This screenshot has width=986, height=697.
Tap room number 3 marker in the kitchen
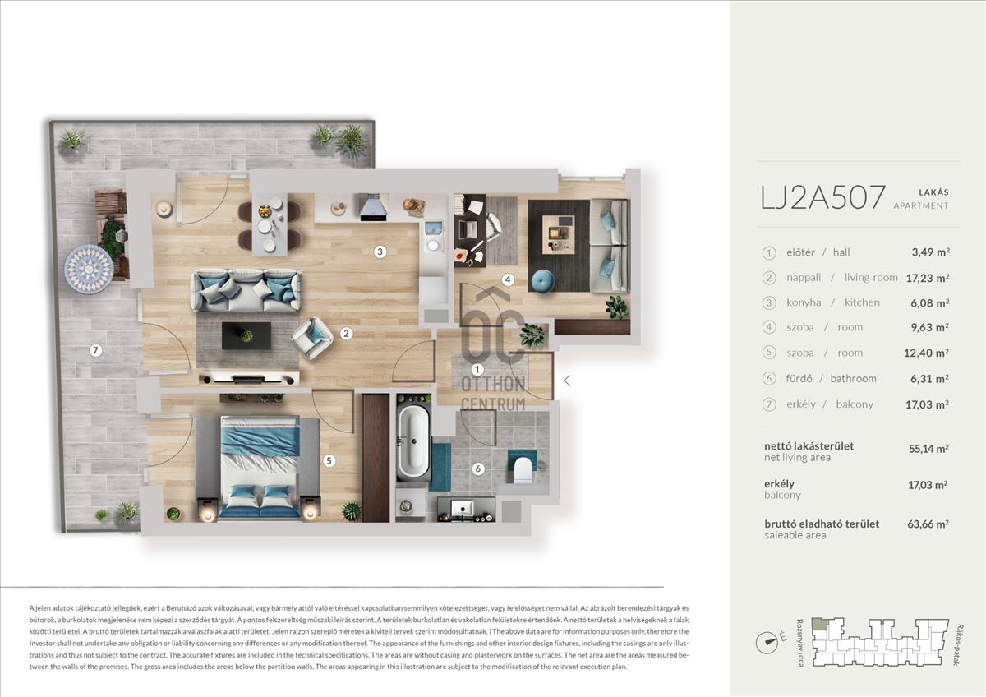(x=380, y=252)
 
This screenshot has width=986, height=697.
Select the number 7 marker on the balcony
(x=95, y=350)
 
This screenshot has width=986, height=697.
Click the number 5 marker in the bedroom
(x=329, y=461)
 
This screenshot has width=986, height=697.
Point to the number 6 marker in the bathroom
(x=478, y=469)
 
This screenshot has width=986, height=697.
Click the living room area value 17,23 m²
(x=928, y=278)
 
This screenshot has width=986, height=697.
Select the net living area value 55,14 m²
(x=928, y=449)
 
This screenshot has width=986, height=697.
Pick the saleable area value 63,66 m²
(x=928, y=524)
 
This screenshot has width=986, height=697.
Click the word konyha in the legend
(x=804, y=303)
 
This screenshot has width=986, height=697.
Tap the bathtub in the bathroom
(x=413, y=442)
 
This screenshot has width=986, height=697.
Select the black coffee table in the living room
(x=246, y=335)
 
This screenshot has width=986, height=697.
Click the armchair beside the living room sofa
(x=312, y=338)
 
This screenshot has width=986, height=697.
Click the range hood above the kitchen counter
(x=374, y=207)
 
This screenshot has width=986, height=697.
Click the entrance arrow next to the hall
(x=568, y=381)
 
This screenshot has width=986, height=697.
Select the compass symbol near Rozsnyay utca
(x=767, y=642)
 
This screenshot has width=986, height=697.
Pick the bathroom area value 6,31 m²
(x=929, y=379)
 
